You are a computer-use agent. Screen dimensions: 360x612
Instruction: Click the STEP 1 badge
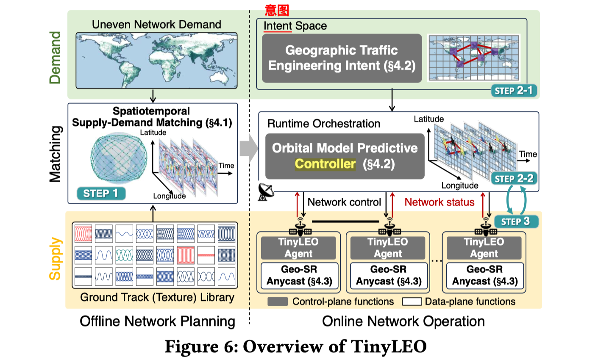(101, 194)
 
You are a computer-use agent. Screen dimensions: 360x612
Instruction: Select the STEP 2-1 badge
(514, 91)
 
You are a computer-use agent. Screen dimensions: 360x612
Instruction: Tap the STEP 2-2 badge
(514, 179)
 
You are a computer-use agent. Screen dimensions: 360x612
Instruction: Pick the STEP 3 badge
(516, 222)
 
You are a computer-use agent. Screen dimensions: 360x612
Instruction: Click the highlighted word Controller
(325, 164)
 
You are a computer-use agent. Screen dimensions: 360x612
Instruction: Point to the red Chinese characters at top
(277, 9)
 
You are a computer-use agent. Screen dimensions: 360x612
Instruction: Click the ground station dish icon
(266, 192)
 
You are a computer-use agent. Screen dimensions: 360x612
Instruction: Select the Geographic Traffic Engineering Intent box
(342, 58)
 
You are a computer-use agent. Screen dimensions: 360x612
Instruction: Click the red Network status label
(439, 202)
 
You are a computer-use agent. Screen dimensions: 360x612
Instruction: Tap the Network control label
(344, 202)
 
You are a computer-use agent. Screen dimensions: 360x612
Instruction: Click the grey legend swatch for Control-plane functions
(278, 302)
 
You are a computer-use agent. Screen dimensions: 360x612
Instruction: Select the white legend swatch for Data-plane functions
(412, 302)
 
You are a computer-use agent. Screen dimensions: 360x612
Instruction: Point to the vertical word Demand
(55, 58)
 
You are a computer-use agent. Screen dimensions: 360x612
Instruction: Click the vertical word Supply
(55, 259)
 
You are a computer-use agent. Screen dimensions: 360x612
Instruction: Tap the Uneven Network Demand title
(156, 25)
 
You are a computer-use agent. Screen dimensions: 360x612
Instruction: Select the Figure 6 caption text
(295, 346)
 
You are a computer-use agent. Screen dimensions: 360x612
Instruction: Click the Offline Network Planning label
(157, 321)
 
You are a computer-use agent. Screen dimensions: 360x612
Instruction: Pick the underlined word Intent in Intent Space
(278, 26)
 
